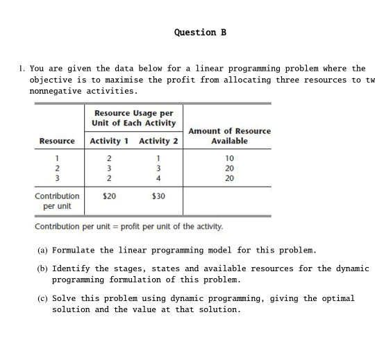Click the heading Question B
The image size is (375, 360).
(x=200, y=33)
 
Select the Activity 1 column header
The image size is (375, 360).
(x=110, y=142)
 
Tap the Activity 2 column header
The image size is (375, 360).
(x=158, y=142)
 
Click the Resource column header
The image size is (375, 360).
(x=57, y=142)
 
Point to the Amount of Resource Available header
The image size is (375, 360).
(x=229, y=136)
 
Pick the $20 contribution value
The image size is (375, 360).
(x=109, y=196)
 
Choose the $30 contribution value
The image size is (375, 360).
(x=158, y=196)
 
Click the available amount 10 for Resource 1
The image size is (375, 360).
(x=229, y=158)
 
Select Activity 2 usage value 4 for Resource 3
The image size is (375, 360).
(x=158, y=178)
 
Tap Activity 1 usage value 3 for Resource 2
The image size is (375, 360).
(x=109, y=168)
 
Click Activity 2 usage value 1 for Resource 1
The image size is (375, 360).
(x=158, y=158)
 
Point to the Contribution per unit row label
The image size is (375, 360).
(x=57, y=201)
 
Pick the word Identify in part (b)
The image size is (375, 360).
(x=73, y=268)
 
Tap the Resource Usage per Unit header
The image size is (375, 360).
(x=133, y=118)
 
